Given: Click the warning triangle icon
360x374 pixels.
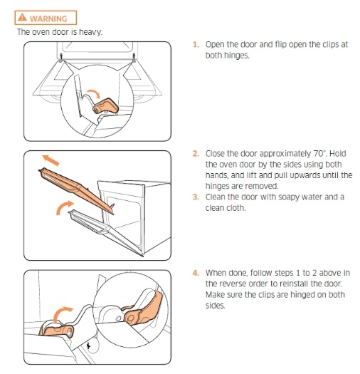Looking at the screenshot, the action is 22,17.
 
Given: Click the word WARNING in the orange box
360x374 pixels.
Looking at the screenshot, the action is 48,19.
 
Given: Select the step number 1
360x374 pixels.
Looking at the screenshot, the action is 196,45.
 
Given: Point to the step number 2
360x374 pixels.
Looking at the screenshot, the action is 196,153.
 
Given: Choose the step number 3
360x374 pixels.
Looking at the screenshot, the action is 196,197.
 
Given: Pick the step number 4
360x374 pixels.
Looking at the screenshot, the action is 196,273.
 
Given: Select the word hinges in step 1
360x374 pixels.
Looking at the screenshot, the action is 227,56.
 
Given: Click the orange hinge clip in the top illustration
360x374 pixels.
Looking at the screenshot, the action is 105,106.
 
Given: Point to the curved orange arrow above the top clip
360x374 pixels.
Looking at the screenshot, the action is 94,93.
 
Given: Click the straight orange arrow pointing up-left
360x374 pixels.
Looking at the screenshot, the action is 51,160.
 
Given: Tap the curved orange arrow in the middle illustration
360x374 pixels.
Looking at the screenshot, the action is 63,207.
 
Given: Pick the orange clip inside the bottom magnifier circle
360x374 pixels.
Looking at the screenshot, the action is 143,309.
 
